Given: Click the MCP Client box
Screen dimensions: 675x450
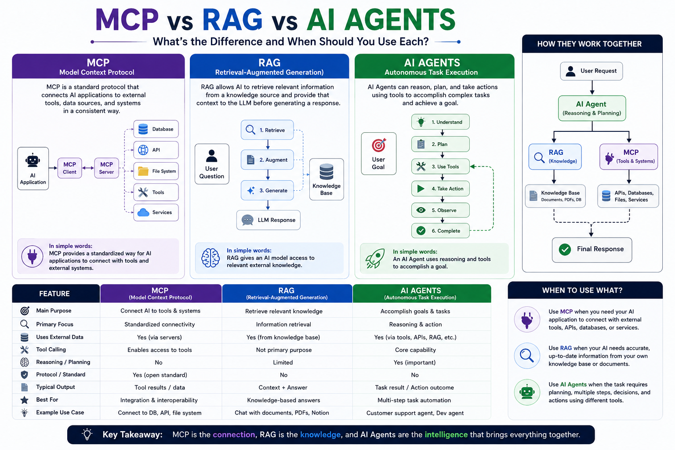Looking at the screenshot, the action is click(69, 168).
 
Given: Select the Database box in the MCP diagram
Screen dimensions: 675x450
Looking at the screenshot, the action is click(156, 129).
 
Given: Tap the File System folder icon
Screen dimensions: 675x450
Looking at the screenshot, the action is click(143, 171).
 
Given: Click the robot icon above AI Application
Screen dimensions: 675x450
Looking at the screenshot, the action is click(33, 160).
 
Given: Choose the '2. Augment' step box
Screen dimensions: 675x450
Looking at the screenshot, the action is click(267, 160).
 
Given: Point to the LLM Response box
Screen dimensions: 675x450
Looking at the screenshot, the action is click(268, 220).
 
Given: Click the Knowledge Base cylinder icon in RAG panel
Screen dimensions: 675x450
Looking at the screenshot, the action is click(327, 171).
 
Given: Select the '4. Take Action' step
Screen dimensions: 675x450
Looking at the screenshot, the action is click(440, 189).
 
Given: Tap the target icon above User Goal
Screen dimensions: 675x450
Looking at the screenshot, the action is click(378, 145).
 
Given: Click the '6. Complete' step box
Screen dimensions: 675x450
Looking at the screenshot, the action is click(440, 231).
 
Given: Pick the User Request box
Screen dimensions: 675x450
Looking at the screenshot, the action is click(591, 71).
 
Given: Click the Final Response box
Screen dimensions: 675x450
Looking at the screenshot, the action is click(592, 250).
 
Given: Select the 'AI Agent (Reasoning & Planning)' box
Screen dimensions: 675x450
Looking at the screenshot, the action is click(592, 108).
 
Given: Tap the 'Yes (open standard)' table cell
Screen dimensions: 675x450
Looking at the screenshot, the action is click(160, 375).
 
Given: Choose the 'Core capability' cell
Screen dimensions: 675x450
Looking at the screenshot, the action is click(415, 350).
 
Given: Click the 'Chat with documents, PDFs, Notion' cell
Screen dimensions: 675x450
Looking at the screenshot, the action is click(282, 413).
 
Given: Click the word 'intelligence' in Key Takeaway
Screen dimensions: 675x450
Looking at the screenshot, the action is click(446, 435).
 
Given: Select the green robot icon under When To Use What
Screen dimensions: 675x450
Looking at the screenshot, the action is click(527, 392).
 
